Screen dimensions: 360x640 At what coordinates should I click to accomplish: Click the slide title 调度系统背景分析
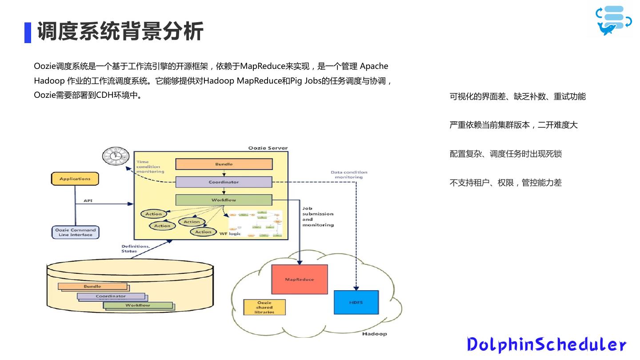click(120, 32)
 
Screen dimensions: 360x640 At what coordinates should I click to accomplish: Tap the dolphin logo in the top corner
click(613, 20)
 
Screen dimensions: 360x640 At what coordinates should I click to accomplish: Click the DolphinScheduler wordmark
click(546, 344)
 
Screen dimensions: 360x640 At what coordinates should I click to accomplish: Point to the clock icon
click(115, 156)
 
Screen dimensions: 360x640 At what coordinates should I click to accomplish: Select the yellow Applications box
click(75, 179)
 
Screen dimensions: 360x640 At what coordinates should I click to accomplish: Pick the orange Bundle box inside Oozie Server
click(224, 164)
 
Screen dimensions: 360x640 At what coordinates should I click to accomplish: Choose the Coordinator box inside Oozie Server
click(224, 182)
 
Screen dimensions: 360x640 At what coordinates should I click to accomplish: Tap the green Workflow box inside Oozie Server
click(224, 200)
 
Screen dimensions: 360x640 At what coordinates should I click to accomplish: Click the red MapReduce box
click(299, 279)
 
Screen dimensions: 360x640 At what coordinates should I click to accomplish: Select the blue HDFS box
click(356, 302)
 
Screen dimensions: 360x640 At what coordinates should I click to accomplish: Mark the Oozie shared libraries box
click(264, 307)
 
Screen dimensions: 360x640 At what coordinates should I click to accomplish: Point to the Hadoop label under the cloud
click(374, 334)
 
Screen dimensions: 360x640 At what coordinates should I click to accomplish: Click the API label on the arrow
click(88, 201)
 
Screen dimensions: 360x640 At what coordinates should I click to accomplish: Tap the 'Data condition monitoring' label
click(349, 175)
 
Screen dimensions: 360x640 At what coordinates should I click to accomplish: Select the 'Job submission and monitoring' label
click(318, 216)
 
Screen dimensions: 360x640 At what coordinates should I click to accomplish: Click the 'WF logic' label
click(230, 233)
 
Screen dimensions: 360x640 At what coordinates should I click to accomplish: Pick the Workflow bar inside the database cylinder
click(138, 305)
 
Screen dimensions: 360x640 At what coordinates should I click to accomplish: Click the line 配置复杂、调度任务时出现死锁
click(506, 154)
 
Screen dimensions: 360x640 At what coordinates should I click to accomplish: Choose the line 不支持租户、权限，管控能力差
click(506, 183)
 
